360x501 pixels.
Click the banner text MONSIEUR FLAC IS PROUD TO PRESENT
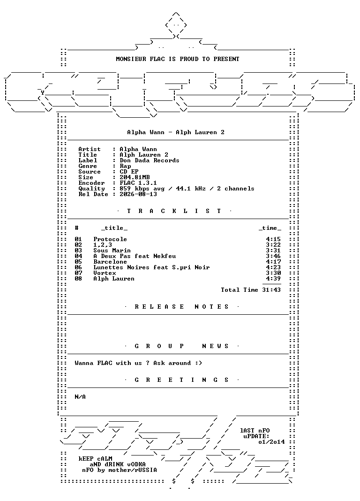(x=178, y=59)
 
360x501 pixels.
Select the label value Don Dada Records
(x=150, y=160)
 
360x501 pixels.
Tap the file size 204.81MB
(x=135, y=177)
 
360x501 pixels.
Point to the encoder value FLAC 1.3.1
(x=138, y=183)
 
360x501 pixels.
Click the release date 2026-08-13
(x=138, y=194)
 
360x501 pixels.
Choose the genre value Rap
(x=125, y=166)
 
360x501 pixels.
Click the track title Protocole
(x=110, y=239)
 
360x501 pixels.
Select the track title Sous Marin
(x=112, y=250)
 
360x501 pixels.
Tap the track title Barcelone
(x=110, y=262)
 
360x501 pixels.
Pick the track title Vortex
(x=105, y=273)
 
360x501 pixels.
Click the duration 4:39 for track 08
(x=273, y=279)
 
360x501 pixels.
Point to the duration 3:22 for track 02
(x=273, y=245)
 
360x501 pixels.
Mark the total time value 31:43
(x=271, y=290)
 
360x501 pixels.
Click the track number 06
(x=78, y=267)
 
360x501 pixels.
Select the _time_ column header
(x=270, y=228)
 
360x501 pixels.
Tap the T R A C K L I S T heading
(x=174, y=211)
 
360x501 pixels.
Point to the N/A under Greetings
(x=80, y=397)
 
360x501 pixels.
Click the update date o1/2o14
(x=271, y=442)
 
